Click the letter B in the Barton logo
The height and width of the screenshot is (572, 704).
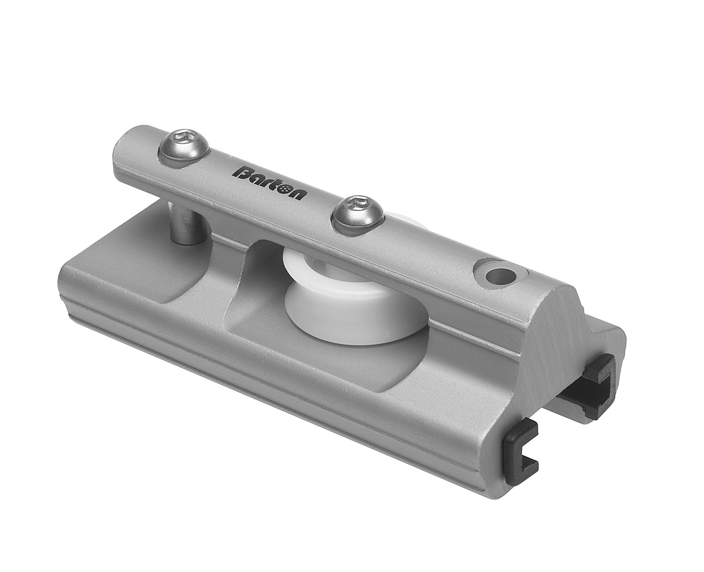coord(242,173)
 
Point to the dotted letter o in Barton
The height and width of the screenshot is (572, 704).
coord(284,188)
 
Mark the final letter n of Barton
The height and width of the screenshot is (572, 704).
coord(298,193)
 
